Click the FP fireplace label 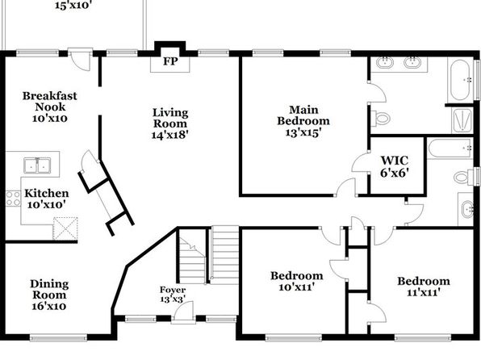[x=170, y=61]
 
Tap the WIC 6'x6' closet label [x=395, y=166]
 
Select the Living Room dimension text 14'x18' [x=170, y=135]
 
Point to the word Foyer [x=173, y=290]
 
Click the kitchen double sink [x=37, y=165]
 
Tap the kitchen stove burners [x=13, y=199]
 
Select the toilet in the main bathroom [x=380, y=119]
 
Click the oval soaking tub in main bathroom [x=460, y=81]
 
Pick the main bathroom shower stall [x=462, y=120]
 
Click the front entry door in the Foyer [x=184, y=312]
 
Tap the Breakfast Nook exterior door [x=80, y=59]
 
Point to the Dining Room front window [x=58, y=338]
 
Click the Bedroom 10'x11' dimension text [x=297, y=287]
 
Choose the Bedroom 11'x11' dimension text [x=424, y=293]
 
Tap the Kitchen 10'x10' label [x=46, y=199]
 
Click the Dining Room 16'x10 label [x=49, y=295]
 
